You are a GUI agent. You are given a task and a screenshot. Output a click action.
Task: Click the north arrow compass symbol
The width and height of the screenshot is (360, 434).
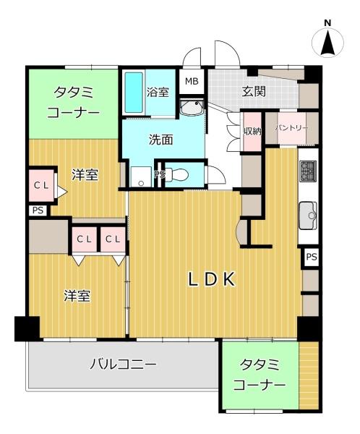(327, 41)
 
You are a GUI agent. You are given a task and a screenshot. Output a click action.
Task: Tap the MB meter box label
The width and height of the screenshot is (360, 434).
(192, 81)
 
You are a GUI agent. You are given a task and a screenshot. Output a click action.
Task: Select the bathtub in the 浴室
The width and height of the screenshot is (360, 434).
(134, 92)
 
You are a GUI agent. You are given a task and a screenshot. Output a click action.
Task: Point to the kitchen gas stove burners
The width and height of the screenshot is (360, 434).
(308, 171)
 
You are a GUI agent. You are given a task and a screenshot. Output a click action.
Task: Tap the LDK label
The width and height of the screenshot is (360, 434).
(212, 279)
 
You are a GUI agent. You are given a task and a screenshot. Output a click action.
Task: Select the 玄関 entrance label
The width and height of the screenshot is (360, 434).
(254, 91)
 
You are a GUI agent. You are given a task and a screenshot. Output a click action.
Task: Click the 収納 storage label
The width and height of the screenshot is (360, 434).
(252, 131)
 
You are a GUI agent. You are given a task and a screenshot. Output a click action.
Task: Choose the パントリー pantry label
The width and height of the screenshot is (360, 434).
(291, 128)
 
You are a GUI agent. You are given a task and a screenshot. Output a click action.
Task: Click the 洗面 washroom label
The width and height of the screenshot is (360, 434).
(161, 140)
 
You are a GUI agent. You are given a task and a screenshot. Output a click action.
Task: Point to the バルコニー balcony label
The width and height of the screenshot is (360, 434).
(123, 365)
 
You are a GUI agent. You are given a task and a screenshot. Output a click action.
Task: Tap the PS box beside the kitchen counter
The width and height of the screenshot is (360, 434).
(312, 257)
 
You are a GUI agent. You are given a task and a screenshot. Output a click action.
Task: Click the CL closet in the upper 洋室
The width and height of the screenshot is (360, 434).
(41, 185)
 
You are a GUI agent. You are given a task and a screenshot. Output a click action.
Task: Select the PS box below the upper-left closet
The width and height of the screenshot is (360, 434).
(38, 210)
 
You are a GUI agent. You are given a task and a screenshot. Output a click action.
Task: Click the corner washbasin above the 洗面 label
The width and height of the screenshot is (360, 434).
(192, 108)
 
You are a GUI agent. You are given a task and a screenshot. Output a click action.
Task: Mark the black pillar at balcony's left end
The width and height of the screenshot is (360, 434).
(27, 328)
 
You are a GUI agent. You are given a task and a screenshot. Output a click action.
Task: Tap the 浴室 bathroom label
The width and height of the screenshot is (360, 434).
(158, 92)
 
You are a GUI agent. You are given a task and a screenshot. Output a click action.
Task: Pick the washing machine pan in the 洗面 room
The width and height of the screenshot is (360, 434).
(141, 176)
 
